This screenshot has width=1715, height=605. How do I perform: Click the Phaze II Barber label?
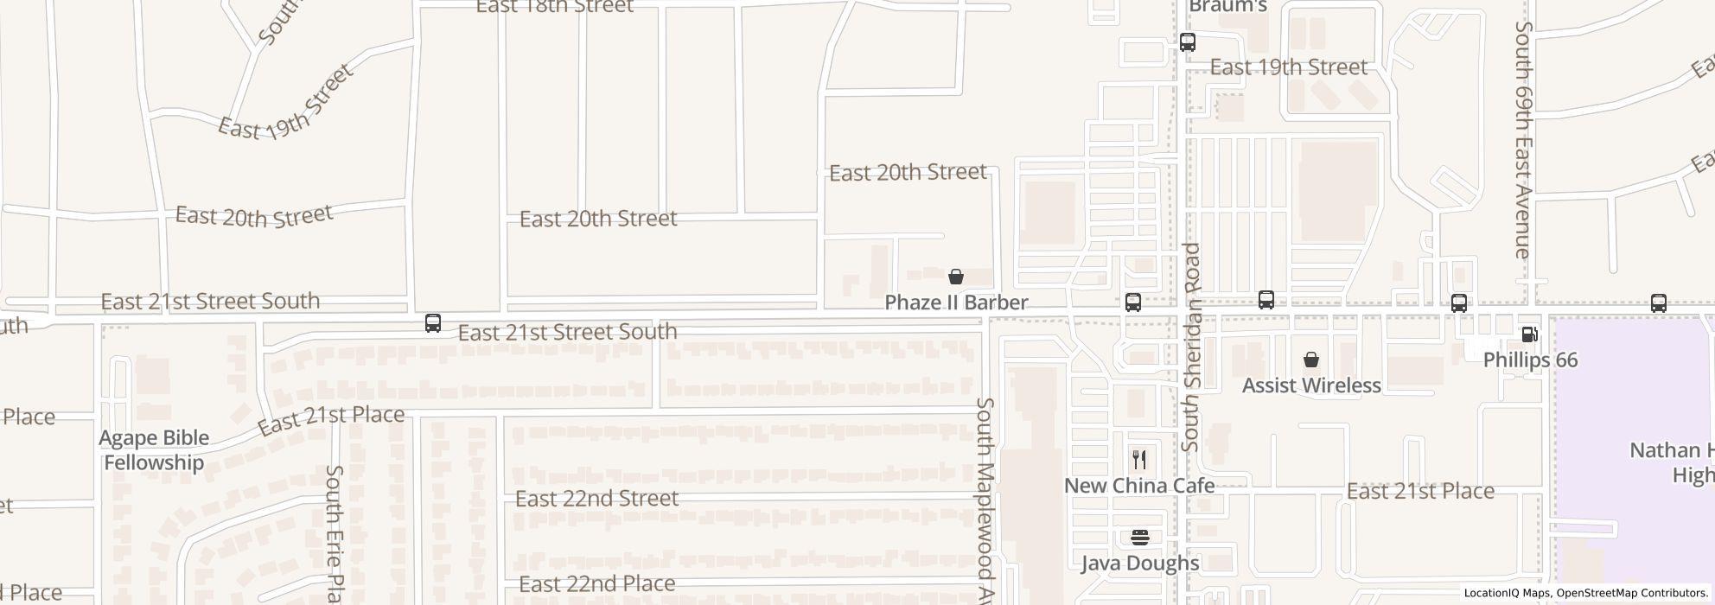[x=956, y=302]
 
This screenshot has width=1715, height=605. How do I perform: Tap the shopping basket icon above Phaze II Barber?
[x=956, y=277]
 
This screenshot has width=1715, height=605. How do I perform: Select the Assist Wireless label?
[x=1311, y=385]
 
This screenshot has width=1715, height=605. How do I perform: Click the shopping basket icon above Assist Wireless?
[x=1311, y=360]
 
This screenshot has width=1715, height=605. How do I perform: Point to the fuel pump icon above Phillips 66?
[x=1529, y=334]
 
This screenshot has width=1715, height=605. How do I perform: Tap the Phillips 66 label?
[x=1530, y=360]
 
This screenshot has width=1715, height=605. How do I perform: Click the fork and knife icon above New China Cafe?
[x=1139, y=460]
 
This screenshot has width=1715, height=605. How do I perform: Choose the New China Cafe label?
[x=1139, y=486]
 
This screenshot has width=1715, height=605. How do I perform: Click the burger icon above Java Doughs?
[x=1139, y=538]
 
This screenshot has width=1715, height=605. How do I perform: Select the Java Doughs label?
[x=1139, y=564]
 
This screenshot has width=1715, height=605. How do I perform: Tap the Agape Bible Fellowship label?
[x=154, y=450]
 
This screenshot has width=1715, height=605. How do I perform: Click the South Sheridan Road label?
[x=1191, y=346]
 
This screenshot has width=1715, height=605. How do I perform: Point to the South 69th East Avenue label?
[x=1523, y=138]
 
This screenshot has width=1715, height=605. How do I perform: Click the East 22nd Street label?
[x=596, y=499]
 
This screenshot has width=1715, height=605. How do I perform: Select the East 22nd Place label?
[x=596, y=584]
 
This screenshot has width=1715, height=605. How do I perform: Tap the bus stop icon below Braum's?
[x=1188, y=41]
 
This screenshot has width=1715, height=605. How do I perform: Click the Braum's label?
[x=1227, y=7]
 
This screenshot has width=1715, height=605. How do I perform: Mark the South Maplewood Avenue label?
[x=986, y=501]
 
